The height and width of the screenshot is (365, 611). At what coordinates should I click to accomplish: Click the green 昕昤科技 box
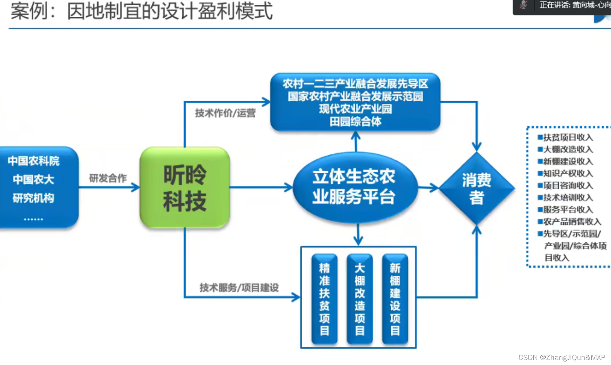185,187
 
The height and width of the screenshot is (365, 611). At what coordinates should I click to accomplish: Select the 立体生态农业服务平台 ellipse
354,187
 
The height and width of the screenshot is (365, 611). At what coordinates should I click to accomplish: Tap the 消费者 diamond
477,188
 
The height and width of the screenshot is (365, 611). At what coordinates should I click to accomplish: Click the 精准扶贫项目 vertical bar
324,299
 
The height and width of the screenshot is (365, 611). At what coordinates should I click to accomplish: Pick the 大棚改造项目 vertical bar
360,299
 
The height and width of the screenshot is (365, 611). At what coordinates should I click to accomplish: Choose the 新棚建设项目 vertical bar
395,299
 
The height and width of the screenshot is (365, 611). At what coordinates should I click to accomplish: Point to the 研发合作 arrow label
108,178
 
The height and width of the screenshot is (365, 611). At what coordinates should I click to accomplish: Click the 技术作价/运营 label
225,113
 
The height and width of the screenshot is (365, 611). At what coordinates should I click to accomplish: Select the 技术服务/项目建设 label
239,288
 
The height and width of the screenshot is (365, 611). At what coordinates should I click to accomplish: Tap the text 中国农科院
34,161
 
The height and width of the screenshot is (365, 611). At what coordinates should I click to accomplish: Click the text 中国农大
34,179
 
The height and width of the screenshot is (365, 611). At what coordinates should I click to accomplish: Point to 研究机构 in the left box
34,198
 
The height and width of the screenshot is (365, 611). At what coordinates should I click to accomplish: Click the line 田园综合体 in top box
355,122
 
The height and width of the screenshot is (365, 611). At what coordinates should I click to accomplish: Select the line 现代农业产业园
355,109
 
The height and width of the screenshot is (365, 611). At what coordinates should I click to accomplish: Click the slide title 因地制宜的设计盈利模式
170,11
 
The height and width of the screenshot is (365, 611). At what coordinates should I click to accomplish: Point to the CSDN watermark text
561,358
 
